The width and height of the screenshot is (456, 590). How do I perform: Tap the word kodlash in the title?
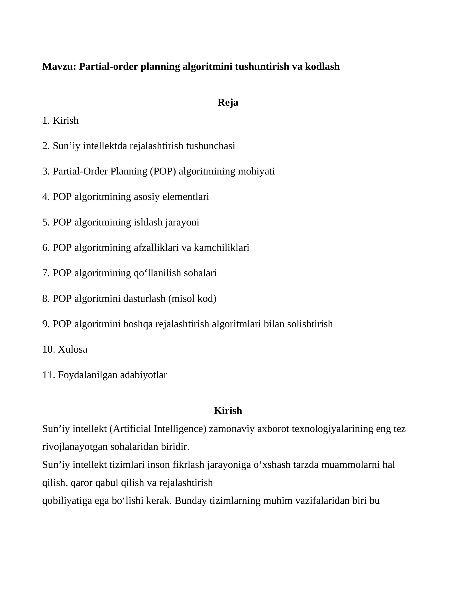pyautogui.click(x=322, y=67)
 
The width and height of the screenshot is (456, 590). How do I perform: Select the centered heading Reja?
pyautogui.click(x=228, y=102)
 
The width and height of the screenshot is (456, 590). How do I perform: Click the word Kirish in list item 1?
pyautogui.click(x=66, y=121)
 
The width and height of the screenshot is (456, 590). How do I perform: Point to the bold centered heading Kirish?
pyautogui.click(x=228, y=410)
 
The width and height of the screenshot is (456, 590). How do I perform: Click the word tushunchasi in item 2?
pyautogui.click(x=211, y=146)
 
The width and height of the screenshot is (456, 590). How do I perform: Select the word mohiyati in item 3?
pyautogui.click(x=256, y=171)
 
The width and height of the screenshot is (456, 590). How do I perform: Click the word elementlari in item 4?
pyautogui.click(x=186, y=197)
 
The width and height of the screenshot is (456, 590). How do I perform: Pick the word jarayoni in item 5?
pyautogui.click(x=182, y=222)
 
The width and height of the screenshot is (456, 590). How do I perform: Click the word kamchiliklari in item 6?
pyautogui.click(x=221, y=247)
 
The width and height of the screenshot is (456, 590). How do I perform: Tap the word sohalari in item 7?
pyautogui.click(x=200, y=273)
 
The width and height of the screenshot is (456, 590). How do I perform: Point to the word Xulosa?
pyautogui.click(x=73, y=349)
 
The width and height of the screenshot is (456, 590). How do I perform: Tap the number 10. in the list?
pyautogui.click(x=49, y=349)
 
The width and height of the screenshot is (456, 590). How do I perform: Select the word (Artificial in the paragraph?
pyautogui.click(x=130, y=429)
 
